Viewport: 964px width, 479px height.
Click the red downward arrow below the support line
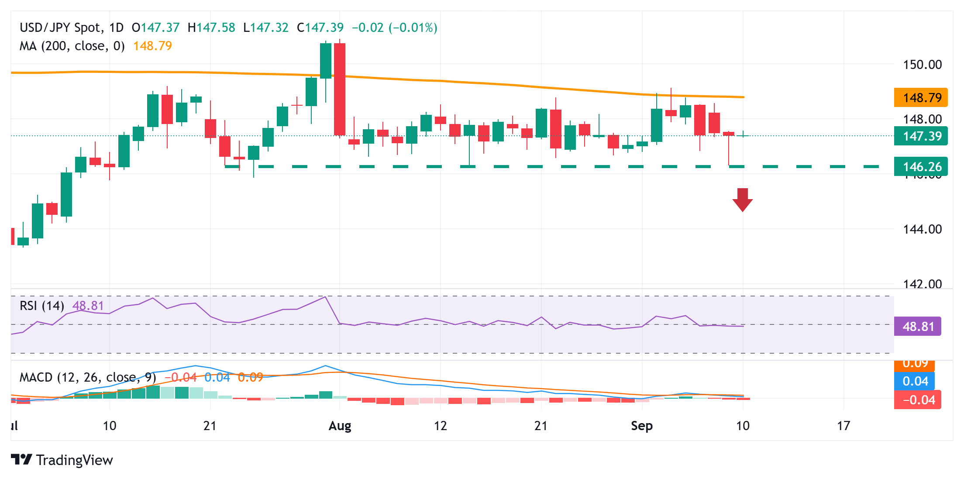click(x=742, y=200)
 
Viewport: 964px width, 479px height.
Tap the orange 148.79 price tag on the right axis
click(x=920, y=97)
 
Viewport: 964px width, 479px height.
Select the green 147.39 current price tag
click(x=920, y=136)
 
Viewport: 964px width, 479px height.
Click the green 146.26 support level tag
click(x=920, y=167)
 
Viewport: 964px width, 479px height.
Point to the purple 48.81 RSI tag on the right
click(x=917, y=327)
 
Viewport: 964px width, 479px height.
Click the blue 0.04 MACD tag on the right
click(x=915, y=381)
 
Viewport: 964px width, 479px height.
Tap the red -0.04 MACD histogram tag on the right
click(x=917, y=400)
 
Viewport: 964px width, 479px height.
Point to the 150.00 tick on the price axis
click(x=922, y=65)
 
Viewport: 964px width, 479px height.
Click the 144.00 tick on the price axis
click(x=922, y=229)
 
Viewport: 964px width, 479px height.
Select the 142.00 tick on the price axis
click(x=922, y=284)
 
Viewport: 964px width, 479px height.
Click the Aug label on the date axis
click(x=340, y=426)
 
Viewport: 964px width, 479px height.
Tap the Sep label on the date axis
click(x=641, y=426)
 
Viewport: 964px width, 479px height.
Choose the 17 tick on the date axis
click(x=843, y=426)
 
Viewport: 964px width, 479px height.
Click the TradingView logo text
click(x=74, y=460)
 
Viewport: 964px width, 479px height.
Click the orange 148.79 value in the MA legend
click(x=152, y=46)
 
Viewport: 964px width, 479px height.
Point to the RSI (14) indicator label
click(x=42, y=306)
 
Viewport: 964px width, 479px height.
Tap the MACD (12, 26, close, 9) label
click(x=88, y=377)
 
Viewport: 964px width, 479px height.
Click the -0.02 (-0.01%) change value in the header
click(x=394, y=28)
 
